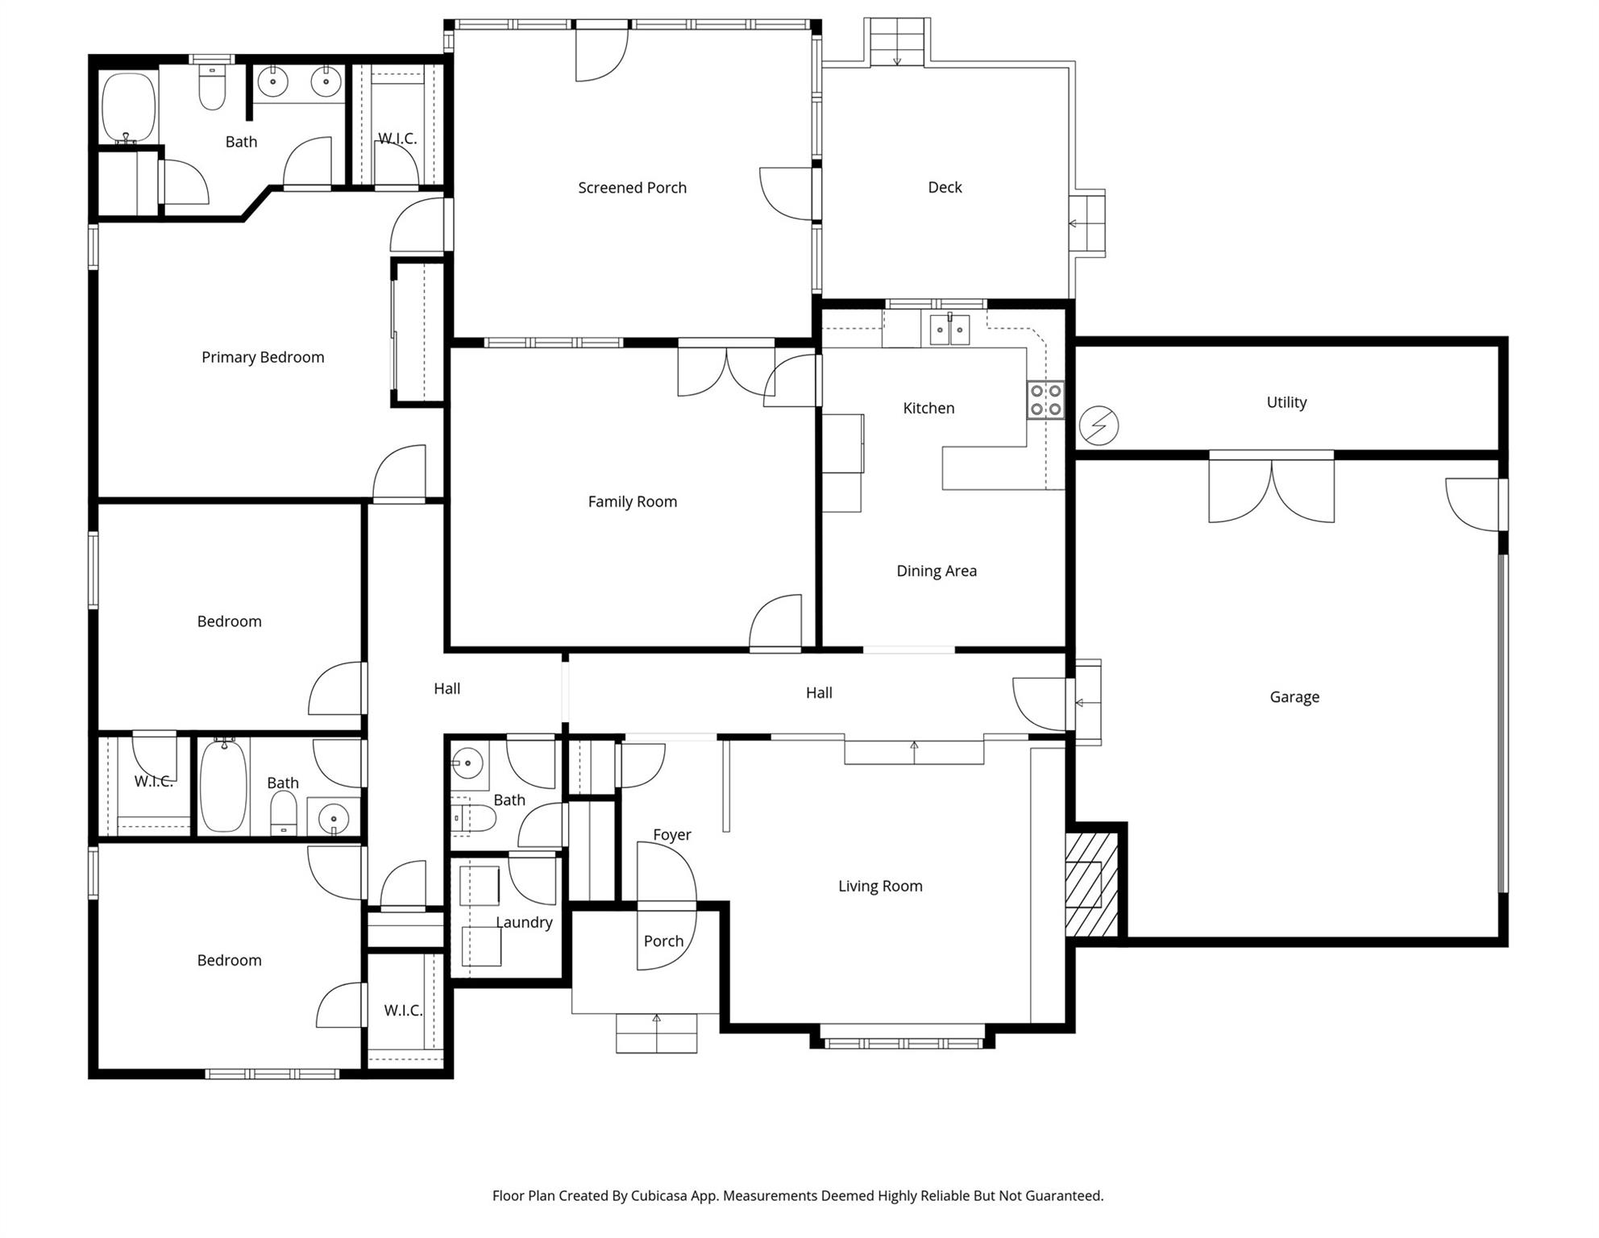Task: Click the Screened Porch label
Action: (632, 188)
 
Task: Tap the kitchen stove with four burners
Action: (1045, 401)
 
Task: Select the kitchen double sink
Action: (949, 330)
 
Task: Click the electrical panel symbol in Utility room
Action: (1099, 426)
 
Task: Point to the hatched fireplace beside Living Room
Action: (1091, 884)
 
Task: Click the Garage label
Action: (1294, 697)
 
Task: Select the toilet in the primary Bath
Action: (212, 89)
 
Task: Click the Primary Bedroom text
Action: (263, 357)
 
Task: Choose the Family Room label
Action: (632, 502)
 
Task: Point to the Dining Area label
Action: (937, 571)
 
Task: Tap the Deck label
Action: (945, 188)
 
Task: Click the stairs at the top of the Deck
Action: (897, 43)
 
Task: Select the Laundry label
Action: (524, 923)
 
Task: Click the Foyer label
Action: (671, 835)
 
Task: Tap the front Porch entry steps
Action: (656, 1032)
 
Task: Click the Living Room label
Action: (880, 887)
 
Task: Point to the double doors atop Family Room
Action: (726, 372)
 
